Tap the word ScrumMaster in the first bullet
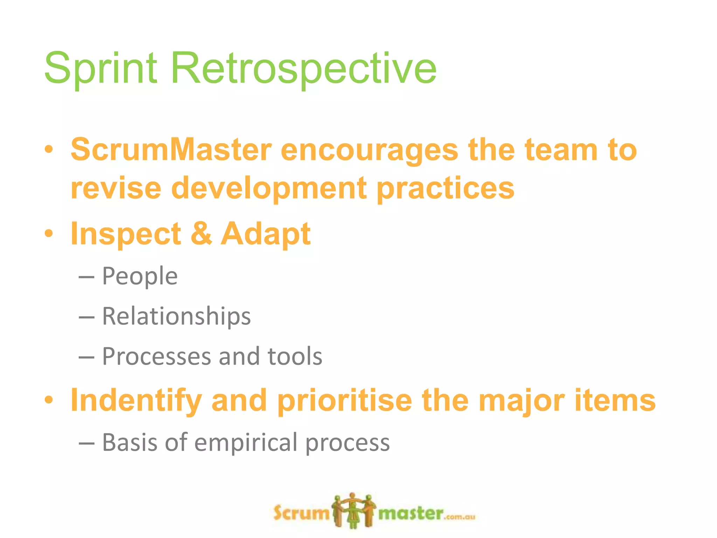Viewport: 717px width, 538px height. coord(171,150)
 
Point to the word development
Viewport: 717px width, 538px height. coord(269,188)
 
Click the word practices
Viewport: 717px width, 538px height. coord(445,188)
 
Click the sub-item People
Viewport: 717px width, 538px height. coord(140,277)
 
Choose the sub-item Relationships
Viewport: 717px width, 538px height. coord(176,316)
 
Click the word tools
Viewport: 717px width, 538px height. coord(295,356)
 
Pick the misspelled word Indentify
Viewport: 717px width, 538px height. coord(136,401)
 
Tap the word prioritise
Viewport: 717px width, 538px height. coord(344,401)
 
